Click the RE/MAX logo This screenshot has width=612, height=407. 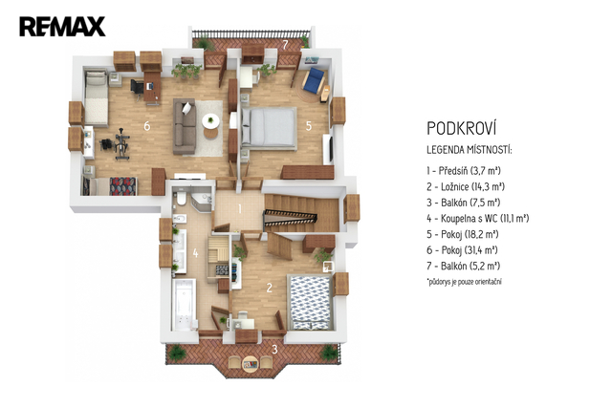62,27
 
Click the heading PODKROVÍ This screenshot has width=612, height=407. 461,127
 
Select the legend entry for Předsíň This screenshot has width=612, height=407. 464,171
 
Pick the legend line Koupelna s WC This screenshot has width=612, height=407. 478,219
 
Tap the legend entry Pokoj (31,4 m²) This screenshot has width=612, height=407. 462,250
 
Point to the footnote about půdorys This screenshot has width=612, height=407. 465,281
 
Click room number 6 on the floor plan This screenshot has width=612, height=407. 146,126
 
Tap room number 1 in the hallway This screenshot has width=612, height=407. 240,209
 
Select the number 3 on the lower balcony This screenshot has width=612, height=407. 274,350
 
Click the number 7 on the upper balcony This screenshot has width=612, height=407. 285,45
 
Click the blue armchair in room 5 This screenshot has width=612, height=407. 315,80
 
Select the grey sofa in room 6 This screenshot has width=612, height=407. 185,126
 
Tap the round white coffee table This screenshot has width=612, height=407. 210,121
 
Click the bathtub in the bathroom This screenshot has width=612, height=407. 184,305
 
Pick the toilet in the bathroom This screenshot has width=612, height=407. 181,197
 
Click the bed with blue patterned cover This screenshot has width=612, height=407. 310,303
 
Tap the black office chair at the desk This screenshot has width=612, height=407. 137,87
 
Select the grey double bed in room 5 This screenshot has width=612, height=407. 269,127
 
